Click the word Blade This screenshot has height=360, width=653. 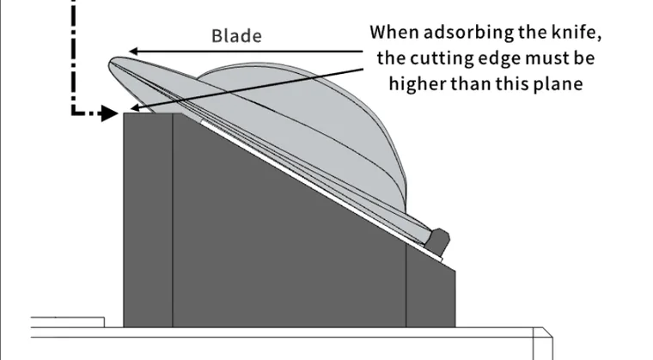coord(236,36)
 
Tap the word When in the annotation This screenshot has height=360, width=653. coord(394,32)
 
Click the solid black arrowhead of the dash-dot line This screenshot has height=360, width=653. coord(110,113)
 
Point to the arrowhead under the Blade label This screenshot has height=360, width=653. coord(133,52)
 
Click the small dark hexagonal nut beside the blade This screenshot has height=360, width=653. coord(439,241)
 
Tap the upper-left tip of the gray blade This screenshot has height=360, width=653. coord(111,61)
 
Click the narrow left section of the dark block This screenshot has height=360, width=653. coord(148,220)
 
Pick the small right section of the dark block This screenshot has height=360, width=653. coord(430,291)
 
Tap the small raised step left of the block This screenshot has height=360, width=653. coord(68,322)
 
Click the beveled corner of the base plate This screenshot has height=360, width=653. coord(547,333)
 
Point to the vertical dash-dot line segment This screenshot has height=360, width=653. coord(74,53)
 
